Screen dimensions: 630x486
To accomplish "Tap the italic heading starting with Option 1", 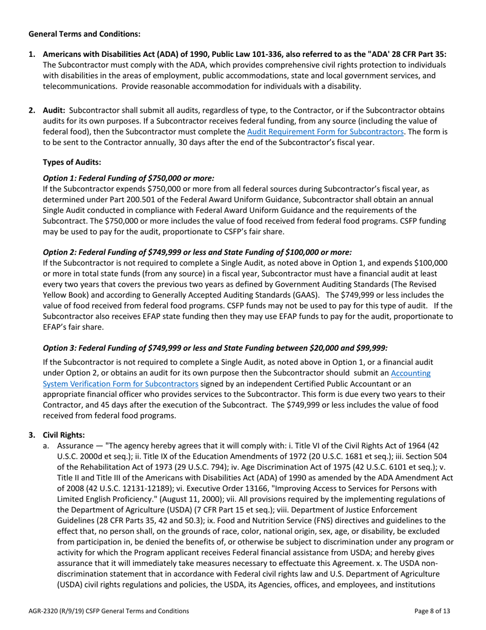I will point(128,178).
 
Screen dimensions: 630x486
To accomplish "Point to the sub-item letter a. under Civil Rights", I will point(46,447).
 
